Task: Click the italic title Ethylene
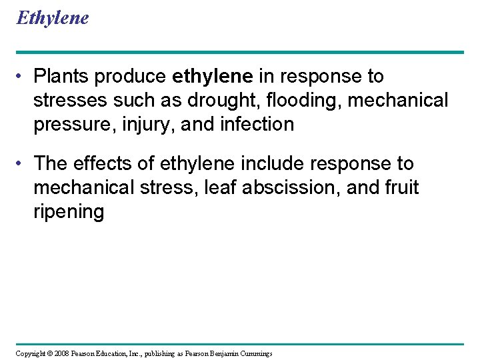click(52, 18)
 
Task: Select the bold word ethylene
click(212, 77)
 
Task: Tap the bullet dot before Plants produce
click(22, 77)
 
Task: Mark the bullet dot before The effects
click(22, 163)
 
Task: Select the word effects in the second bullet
click(104, 163)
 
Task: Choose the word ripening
click(69, 212)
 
